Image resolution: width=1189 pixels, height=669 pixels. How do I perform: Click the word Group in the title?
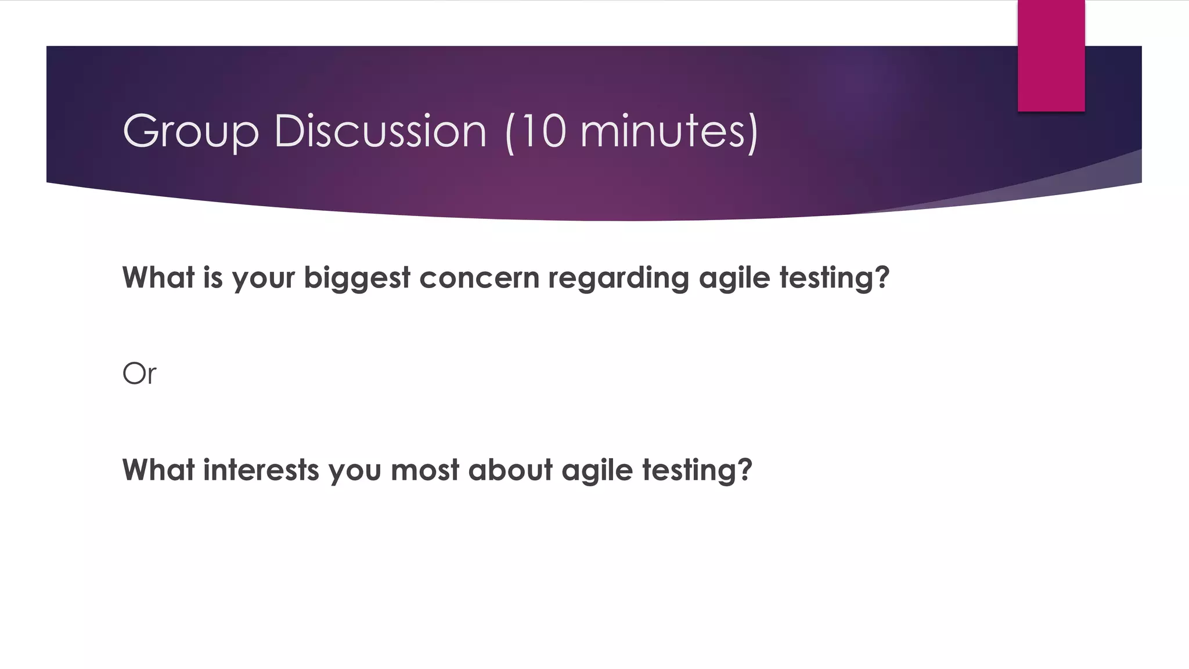[x=190, y=132]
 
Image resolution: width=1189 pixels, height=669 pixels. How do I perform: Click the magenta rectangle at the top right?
[x=1051, y=56]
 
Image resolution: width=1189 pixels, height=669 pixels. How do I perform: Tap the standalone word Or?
[x=139, y=373]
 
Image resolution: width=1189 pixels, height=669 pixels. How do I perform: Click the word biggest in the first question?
[x=357, y=278]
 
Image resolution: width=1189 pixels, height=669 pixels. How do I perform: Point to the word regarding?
[x=618, y=278]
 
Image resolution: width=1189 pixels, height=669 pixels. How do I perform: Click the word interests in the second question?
[x=261, y=470]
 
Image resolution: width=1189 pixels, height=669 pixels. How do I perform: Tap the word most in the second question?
[x=425, y=470]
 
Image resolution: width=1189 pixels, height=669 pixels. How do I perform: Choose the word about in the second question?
[x=510, y=470]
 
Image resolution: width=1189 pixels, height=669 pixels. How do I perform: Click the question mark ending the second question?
[x=745, y=469]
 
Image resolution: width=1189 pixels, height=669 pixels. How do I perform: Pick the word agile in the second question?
[x=597, y=470]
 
